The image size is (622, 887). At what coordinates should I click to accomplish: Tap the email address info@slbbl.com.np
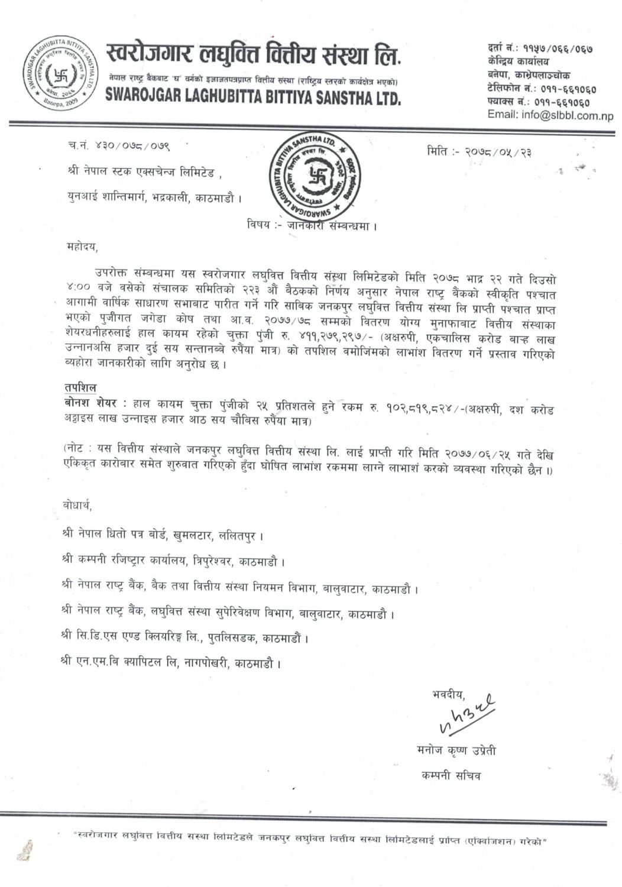point(550,115)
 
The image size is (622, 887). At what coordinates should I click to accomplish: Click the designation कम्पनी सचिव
point(451,774)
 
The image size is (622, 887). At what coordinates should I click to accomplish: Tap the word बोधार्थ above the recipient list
point(77,506)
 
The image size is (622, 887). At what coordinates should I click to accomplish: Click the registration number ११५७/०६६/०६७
point(560,50)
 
